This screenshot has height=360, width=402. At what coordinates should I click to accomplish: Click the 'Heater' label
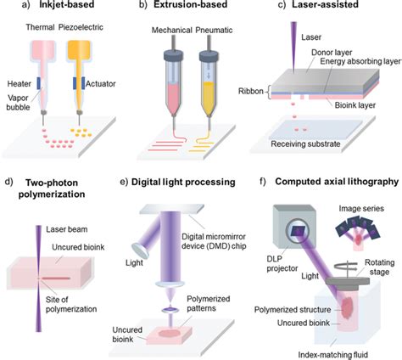point(18,84)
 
